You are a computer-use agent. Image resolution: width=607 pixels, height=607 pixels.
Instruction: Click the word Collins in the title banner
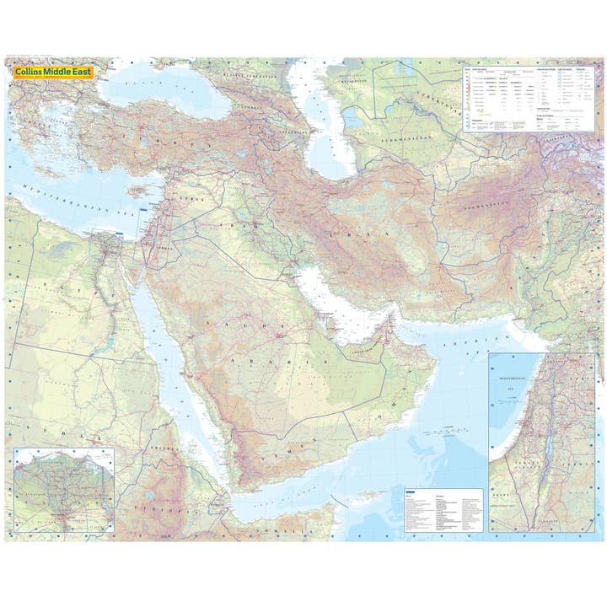pyautogui.click(x=31, y=73)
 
